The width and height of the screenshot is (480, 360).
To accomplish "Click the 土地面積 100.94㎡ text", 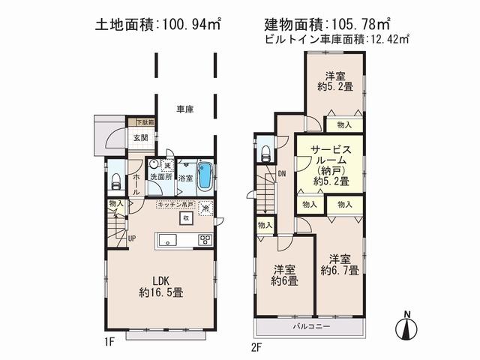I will coord(157,25).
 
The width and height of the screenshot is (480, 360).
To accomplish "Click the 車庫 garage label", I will coord(185,109).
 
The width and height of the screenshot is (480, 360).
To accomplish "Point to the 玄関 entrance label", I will coord(141,137).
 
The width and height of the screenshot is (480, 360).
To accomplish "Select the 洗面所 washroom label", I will coord(160,178).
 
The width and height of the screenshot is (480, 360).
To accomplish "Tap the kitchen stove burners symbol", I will coord(205,240).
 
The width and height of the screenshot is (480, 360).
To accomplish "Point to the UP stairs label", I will coord(132,238).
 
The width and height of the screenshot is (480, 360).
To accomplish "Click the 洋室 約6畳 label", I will coord(284,275).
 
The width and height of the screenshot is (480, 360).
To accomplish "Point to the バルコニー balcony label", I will coord(307,327).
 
